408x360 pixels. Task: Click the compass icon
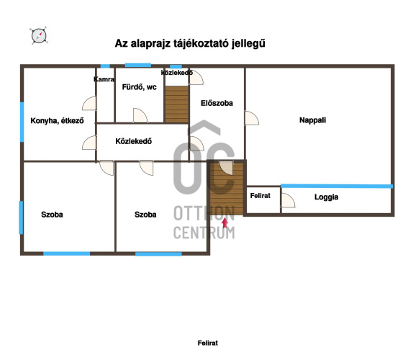pos(39,36)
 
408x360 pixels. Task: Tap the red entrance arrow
pos(225,223)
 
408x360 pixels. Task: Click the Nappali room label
pos(312,120)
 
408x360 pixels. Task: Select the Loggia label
pos(326,197)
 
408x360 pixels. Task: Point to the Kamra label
pos(104,79)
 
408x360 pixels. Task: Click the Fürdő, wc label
pos(139,87)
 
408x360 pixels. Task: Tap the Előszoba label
pos(217,103)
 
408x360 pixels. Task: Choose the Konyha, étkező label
pos(58,121)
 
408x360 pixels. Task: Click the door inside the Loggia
pos(289,200)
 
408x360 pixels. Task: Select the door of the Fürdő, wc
pos(140,116)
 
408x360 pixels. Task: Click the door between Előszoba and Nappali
pos(251,118)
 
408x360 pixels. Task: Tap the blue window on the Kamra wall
pos(105,66)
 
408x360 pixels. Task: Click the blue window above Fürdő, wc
pos(138,65)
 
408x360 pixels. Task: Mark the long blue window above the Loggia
pos(337,186)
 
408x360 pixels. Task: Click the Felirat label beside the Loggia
pos(260,196)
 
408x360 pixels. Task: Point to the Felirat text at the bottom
pos(208,343)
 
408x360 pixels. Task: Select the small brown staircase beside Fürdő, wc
pos(177,104)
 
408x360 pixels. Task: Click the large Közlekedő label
pos(134,141)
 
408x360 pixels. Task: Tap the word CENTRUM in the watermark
pos(204,233)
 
